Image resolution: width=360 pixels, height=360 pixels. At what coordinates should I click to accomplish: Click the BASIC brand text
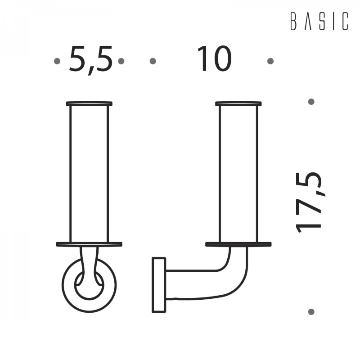pyautogui.click(x=319, y=21)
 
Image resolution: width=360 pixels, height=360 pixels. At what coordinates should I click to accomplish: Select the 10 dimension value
pyautogui.click(x=215, y=58)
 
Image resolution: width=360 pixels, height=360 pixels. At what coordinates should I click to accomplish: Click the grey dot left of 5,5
pyautogui.click(x=57, y=61)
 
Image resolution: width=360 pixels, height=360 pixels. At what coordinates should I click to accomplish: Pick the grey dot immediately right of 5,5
pyautogui.click(x=121, y=61)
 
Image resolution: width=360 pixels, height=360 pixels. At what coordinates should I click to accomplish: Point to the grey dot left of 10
pyautogui.click(x=153, y=61)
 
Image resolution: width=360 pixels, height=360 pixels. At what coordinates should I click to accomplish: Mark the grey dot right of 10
pyautogui.click(x=270, y=61)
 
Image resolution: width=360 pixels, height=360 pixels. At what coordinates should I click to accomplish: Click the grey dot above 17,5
pyautogui.click(x=311, y=102)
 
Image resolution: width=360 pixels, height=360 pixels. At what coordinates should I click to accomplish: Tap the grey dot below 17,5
pyautogui.click(x=311, y=312)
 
